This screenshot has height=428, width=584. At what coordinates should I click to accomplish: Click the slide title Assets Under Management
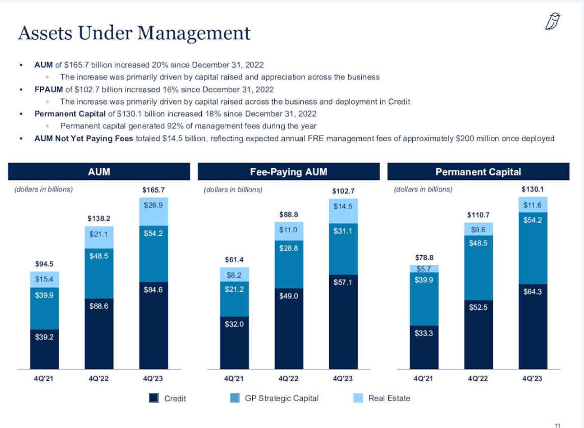pyautogui.click(x=134, y=33)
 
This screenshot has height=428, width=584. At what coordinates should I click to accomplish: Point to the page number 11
pyautogui.click(x=557, y=425)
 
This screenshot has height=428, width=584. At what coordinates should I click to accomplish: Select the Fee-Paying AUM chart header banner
pyautogui.click(x=288, y=172)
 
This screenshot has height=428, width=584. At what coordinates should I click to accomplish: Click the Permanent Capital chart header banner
pyautogui.click(x=478, y=172)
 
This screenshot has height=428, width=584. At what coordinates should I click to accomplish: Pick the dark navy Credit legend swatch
pyautogui.click(x=154, y=398)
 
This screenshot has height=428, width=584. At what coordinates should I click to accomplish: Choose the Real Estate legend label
pyautogui.click(x=389, y=398)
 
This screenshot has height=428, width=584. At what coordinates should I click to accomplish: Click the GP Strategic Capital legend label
pyautogui.click(x=281, y=398)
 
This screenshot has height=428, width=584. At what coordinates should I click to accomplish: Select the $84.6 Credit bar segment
pyautogui.click(x=153, y=325)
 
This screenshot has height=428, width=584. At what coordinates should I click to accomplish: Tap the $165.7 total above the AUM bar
pyautogui.click(x=153, y=191)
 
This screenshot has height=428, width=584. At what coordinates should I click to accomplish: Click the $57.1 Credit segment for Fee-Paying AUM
pyautogui.click(x=343, y=321)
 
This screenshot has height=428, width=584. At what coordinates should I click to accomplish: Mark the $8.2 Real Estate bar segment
pyautogui.click(x=234, y=275)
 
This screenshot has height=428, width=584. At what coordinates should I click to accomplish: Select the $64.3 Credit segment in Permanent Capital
pyautogui.click(x=533, y=326)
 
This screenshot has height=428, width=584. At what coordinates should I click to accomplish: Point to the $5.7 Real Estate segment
pyautogui.click(x=424, y=269)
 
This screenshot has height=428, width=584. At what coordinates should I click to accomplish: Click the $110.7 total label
pyautogui.click(x=478, y=215)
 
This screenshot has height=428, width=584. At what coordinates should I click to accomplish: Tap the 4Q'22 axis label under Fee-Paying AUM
pyautogui.click(x=288, y=379)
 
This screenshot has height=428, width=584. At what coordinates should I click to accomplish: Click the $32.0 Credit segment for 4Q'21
pyautogui.click(x=234, y=342)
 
